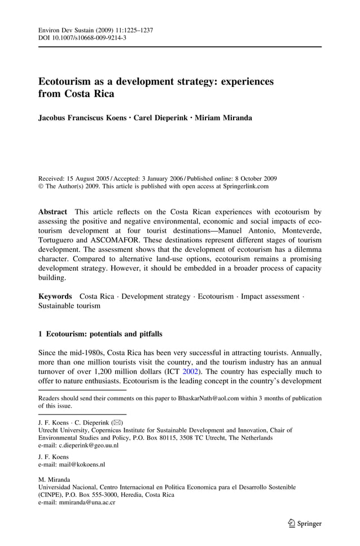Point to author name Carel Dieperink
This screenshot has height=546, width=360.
tap(160, 118)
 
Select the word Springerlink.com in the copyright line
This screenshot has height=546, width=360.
tap(242, 186)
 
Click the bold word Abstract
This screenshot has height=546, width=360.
tap(52, 212)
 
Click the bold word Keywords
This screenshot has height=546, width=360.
tap(55, 296)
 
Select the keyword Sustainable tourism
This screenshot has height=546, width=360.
tap(69, 306)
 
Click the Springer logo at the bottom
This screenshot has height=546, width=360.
tap(305, 523)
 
